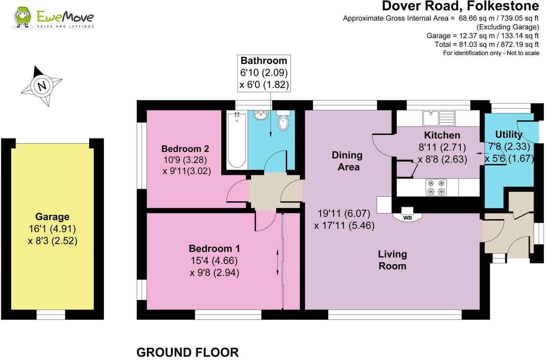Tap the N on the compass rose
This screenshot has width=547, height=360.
(42, 86)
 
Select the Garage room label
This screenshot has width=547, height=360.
(52, 217)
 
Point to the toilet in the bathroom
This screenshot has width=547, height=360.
(283, 121)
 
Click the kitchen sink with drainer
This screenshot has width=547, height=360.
(438, 118)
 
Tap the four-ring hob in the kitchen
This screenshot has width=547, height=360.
(436, 187)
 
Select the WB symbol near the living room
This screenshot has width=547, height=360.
(408, 218)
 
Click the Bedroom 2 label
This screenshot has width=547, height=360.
(185, 149)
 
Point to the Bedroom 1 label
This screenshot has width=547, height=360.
(214, 248)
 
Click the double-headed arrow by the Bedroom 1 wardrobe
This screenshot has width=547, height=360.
(277, 263)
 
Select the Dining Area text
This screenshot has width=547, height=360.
(347, 161)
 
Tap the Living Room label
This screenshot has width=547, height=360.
(392, 260)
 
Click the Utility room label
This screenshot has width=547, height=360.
(508, 134)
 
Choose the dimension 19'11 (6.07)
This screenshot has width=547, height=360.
(344, 213)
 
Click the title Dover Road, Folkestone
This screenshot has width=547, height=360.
(460, 6)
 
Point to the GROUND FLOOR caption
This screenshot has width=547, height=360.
(187, 352)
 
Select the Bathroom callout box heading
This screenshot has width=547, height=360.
(264, 61)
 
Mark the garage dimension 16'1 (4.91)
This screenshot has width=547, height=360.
(52, 229)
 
